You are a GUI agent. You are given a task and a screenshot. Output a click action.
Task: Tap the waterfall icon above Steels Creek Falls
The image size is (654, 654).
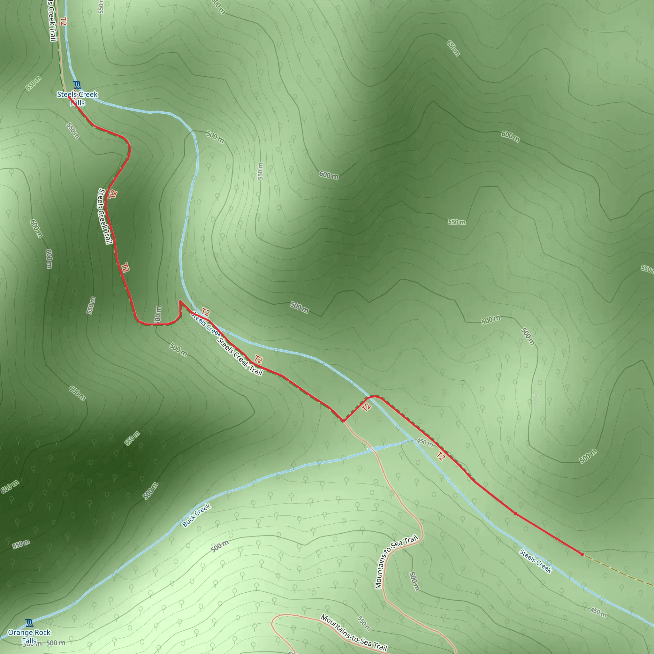coord(77,85)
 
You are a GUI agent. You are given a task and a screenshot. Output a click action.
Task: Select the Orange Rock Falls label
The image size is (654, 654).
coord(29,636)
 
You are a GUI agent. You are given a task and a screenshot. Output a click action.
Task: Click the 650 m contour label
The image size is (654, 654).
coord(453,48)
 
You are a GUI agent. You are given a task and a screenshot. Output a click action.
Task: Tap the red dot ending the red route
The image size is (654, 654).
coord(582,554)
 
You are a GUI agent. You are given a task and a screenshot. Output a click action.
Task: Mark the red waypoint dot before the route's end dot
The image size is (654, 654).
coord(515,513)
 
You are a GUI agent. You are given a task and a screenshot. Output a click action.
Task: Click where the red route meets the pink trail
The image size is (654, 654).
coord(343,422)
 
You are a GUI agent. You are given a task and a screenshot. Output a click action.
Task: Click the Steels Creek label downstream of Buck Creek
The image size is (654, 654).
coord(536,561)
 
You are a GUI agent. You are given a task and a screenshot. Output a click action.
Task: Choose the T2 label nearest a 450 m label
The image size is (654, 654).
coord(440,456)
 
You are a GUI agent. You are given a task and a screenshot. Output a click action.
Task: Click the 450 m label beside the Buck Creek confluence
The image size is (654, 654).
coord(424,442)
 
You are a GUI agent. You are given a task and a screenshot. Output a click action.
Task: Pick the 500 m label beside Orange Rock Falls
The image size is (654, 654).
coord(55,643)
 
